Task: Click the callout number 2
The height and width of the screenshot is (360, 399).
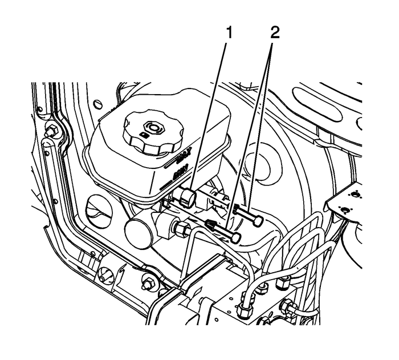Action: click(x=275, y=33)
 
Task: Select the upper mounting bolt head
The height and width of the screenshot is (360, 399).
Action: click(x=259, y=220)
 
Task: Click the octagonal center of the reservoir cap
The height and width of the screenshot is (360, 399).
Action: click(x=152, y=126)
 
